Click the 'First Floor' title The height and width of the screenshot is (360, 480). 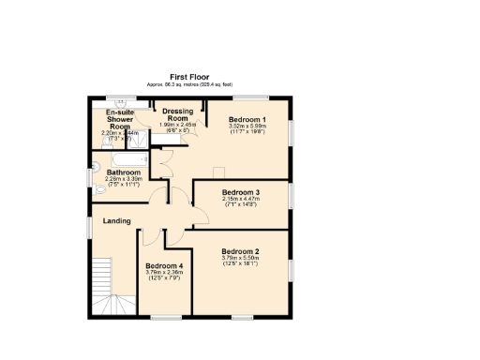coord(189,77)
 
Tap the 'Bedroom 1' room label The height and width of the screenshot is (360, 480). coord(248,120)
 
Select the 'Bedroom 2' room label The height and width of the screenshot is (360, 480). coord(241,251)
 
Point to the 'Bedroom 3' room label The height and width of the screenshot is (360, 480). coord(241,193)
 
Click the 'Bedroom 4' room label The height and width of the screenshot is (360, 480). coord(164,266)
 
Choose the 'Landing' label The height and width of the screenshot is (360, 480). coord(117,221)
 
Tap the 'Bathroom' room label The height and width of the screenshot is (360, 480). coord(123,172)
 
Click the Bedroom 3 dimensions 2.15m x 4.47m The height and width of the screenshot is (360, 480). coord(241,200)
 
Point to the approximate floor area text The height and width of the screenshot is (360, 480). coord(189,84)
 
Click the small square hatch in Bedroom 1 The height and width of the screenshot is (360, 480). coord(217,171)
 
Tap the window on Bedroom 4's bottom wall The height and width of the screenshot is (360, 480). coord(166,316)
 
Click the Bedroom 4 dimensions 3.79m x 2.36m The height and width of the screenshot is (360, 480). coord(164,274)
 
